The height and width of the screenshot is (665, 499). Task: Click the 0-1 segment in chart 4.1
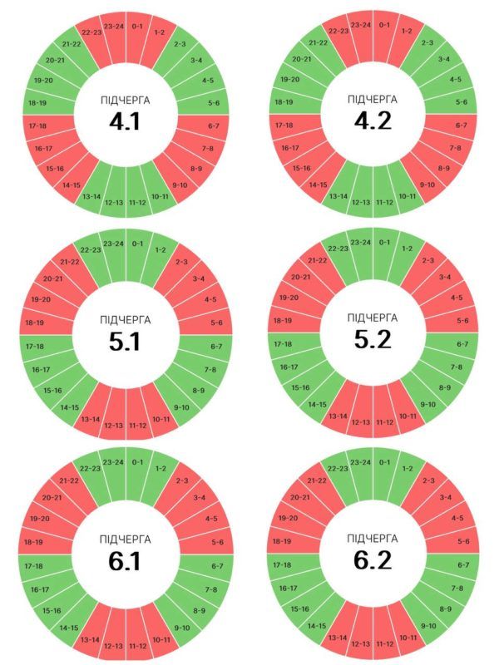click(x=138, y=26)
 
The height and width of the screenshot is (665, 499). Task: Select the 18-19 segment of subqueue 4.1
click(x=36, y=103)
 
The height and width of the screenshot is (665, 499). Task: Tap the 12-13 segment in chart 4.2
click(x=361, y=202)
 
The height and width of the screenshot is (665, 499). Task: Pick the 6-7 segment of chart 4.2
click(x=461, y=125)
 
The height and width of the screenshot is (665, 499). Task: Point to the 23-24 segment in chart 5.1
click(x=113, y=244)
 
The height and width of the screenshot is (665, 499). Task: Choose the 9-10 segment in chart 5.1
click(x=180, y=406)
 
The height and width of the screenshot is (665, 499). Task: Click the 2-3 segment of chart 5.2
click(x=428, y=260)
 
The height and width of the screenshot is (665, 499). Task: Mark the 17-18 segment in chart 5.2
click(x=284, y=343)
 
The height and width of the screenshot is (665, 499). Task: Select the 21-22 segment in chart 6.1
click(x=70, y=480)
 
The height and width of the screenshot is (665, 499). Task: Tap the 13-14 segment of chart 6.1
click(x=90, y=638)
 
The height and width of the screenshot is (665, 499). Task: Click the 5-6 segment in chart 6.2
click(x=462, y=541)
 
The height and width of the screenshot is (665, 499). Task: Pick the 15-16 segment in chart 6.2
click(x=300, y=610)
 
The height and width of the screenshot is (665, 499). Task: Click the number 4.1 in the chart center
click(x=125, y=122)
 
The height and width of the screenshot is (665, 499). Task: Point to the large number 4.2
click(x=372, y=121)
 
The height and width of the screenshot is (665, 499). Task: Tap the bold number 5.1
click(x=125, y=341)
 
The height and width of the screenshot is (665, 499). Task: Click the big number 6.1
click(x=125, y=561)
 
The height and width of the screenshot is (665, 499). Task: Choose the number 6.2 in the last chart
click(x=372, y=560)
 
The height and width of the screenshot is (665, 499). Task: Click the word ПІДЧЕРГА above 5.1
click(x=125, y=318)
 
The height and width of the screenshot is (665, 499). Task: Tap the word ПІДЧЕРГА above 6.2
click(x=372, y=538)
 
